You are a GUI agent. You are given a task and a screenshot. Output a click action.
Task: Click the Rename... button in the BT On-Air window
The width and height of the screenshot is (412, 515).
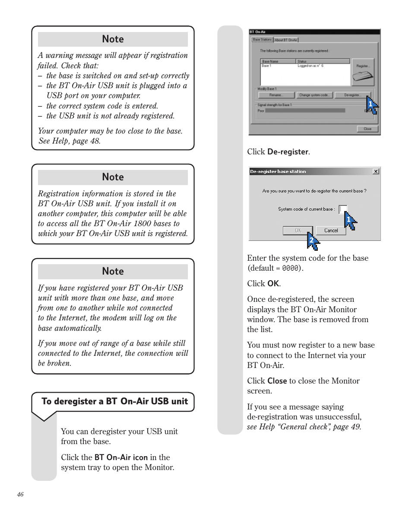(276, 95)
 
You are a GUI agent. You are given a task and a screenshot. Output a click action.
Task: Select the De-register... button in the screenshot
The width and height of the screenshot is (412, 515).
(353, 95)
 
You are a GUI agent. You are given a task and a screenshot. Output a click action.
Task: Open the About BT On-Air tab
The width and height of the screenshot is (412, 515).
(286, 40)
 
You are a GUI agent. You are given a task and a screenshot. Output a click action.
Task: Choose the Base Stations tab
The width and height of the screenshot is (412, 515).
(262, 40)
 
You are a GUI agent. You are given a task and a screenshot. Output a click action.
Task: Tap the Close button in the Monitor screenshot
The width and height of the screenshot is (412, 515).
(368, 129)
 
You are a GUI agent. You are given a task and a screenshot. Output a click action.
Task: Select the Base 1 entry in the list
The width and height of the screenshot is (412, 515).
(267, 66)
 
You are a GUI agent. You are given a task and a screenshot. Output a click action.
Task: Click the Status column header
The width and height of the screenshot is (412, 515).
(302, 61)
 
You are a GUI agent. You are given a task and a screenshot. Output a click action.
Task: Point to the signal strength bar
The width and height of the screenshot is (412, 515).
(305, 111)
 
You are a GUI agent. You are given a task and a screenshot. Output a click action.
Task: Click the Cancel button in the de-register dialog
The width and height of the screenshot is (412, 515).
(331, 230)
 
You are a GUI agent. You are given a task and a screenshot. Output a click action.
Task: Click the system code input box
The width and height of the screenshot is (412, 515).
(342, 209)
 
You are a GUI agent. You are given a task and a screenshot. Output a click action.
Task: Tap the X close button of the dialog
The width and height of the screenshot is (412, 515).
(376, 171)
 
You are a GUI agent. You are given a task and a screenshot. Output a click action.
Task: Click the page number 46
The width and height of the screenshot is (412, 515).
(21, 495)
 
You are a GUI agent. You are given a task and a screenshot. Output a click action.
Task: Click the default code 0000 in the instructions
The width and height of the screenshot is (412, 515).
(291, 269)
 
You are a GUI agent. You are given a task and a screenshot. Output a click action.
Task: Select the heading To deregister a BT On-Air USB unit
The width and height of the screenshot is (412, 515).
(114, 401)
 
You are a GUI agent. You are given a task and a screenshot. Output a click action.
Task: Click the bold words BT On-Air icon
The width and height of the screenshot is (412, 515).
(121, 457)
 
